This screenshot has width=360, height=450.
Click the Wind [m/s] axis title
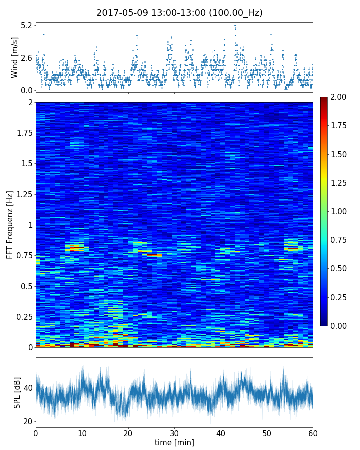(x=15, y=57)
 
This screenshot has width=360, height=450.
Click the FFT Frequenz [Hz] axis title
(x=10, y=224)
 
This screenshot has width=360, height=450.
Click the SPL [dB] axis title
(x=18, y=392)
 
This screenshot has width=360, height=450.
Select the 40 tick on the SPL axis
(x=27, y=388)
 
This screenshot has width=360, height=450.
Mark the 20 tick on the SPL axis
(x=27, y=421)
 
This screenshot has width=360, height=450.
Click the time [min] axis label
(x=174, y=442)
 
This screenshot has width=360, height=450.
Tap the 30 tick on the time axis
(x=174, y=433)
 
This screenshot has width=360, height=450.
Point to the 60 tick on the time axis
(x=313, y=433)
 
